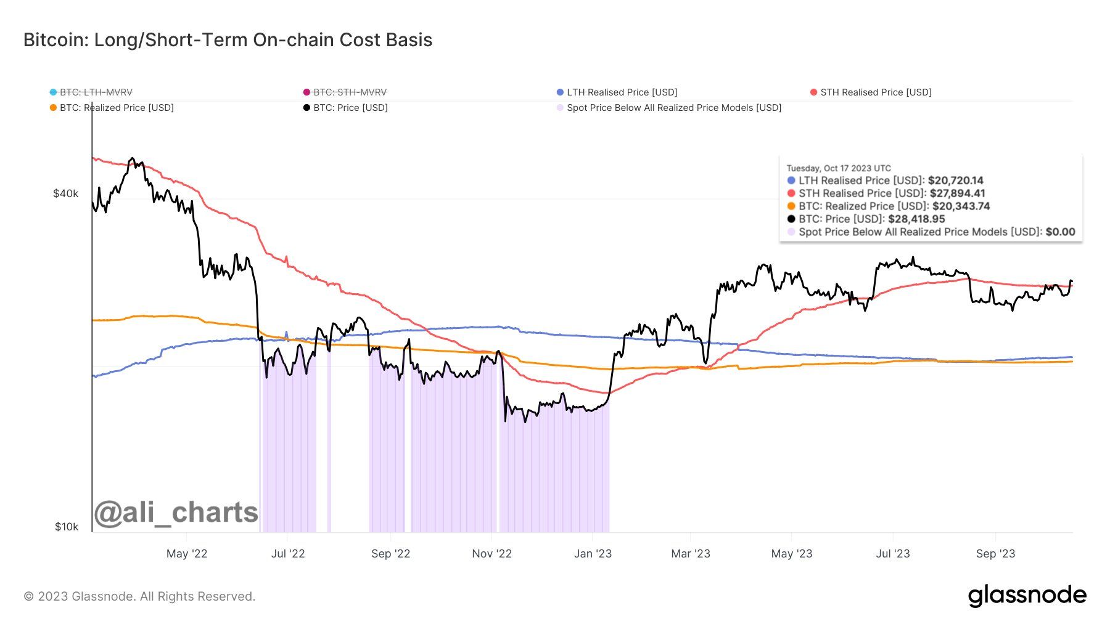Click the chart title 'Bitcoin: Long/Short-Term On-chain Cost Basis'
[x=228, y=40]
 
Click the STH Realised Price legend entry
[x=871, y=92]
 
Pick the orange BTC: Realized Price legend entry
[x=112, y=108]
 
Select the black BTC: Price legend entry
[x=345, y=108]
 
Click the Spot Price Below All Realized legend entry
[x=668, y=108]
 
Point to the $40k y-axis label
[x=65, y=193]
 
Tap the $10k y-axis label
[x=66, y=527]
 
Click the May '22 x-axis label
[x=187, y=554]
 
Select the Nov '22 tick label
[x=491, y=554]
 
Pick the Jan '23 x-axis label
[x=593, y=554]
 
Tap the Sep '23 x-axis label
[x=995, y=554]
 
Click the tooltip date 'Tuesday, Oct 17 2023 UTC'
[x=839, y=168]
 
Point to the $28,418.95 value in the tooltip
[x=916, y=219]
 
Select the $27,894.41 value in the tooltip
[x=957, y=193]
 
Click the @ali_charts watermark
[x=176, y=513]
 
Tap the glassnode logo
[x=1027, y=596]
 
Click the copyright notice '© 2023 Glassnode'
[x=139, y=596]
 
